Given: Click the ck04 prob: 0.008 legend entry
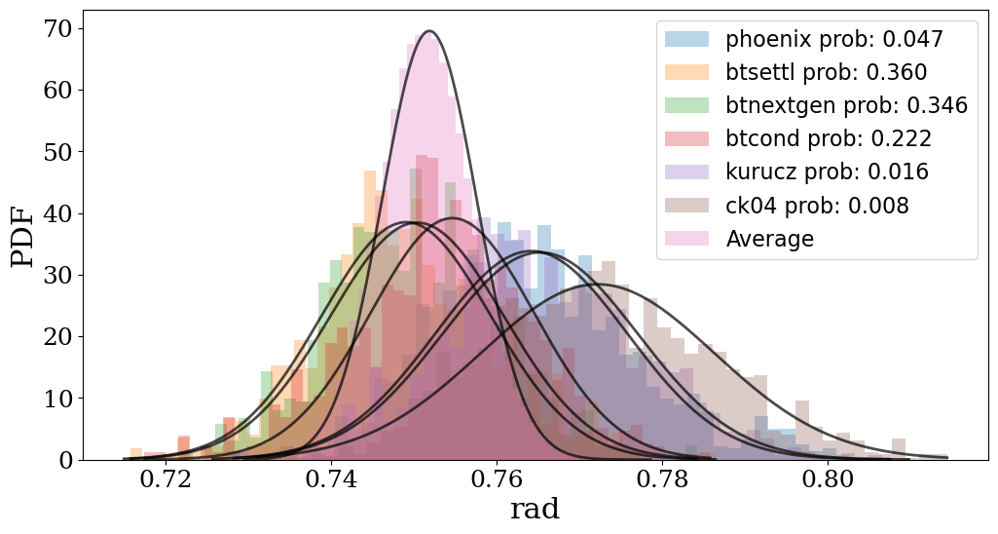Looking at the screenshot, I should [x=817, y=206].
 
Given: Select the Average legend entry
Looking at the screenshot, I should [x=769, y=239].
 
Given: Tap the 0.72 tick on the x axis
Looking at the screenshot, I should [x=166, y=481].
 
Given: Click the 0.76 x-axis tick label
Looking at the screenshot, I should [x=498, y=481].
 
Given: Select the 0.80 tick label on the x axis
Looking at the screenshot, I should [x=829, y=481].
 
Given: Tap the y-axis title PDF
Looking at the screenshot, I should [x=23, y=235].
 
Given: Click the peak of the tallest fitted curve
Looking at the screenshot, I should [x=429, y=31].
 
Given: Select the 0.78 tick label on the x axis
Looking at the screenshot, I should [x=663, y=481].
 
